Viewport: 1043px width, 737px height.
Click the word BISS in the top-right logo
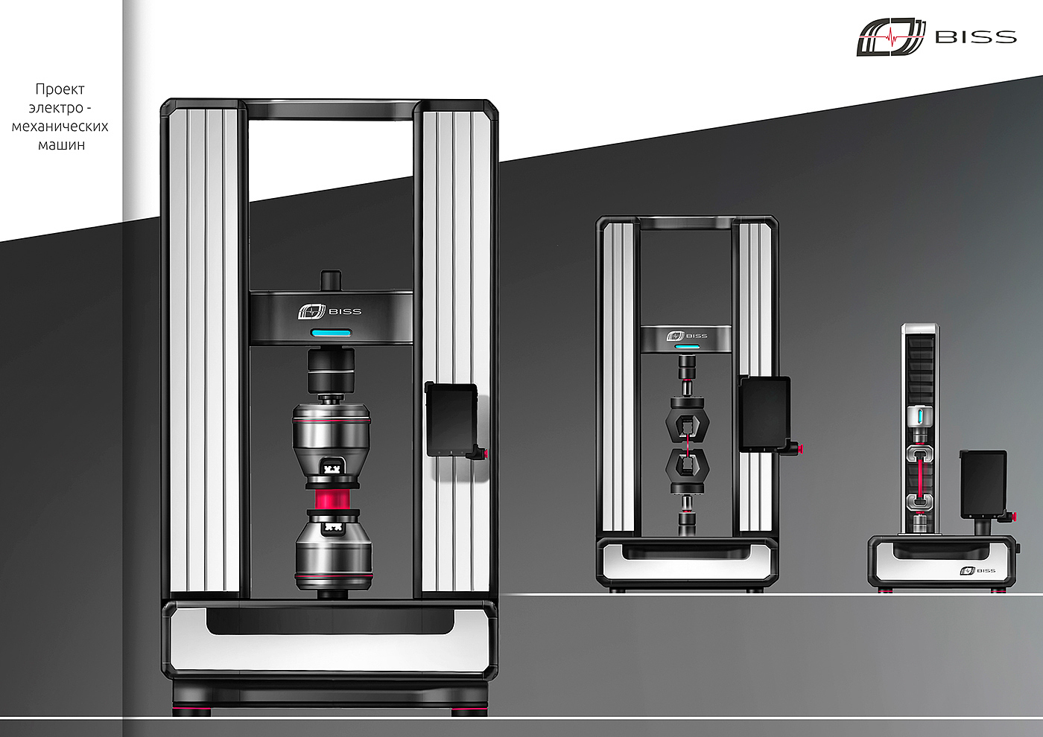pos(975,37)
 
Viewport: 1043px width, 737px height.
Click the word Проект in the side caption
pos(60,89)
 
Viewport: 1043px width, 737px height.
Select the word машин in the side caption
pos(61,144)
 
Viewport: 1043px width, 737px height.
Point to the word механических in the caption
pos(60,126)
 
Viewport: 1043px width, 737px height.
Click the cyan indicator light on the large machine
pos(331,334)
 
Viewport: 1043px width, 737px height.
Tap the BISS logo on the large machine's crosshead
pos(329,311)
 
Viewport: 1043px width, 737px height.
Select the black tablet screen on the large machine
pos(451,419)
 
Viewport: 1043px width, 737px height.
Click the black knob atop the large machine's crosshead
pos(331,281)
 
